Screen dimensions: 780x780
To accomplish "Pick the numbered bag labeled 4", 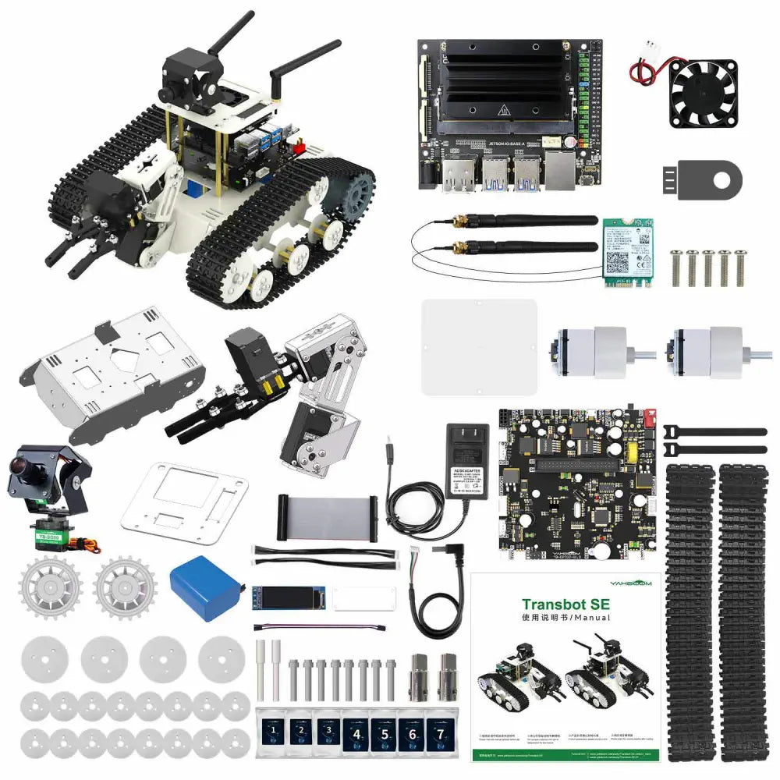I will [356, 734].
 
